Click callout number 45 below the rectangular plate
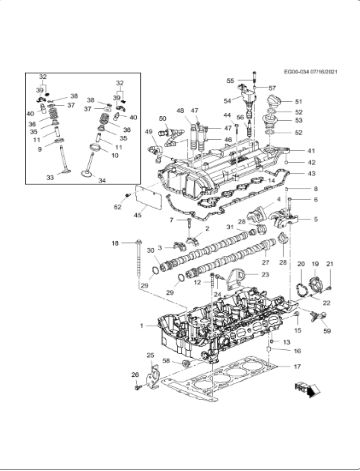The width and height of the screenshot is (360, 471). [x=138, y=213]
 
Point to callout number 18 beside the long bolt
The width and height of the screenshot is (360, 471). [x=114, y=244]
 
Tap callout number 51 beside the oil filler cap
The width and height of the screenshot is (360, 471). [x=297, y=102]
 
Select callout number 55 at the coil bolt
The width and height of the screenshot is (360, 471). [x=229, y=80]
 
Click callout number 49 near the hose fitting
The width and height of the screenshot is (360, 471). [x=149, y=131]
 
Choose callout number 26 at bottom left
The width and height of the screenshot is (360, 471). [x=135, y=376]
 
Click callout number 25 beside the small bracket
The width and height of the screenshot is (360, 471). [x=150, y=355]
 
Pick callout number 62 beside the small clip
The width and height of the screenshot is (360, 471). [x=117, y=206]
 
